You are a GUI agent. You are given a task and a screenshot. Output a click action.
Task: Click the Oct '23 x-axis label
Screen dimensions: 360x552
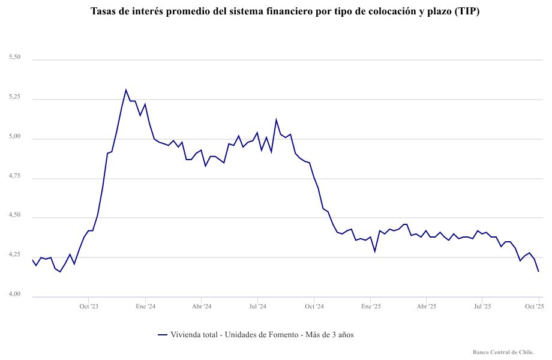pos(88,307)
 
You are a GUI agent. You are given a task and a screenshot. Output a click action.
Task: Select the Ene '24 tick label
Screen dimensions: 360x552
pos(145,307)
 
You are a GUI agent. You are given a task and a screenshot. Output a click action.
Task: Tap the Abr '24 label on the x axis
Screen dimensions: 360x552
pos(201,307)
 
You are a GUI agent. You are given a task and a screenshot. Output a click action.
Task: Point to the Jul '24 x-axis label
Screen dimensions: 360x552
pos(257,307)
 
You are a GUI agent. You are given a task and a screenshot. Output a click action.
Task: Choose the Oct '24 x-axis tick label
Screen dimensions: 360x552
pos(314,307)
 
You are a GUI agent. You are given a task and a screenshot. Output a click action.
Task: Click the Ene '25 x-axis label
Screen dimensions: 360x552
pos(371,307)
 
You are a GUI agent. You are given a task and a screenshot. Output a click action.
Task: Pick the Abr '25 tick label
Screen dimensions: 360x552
pos(426,307)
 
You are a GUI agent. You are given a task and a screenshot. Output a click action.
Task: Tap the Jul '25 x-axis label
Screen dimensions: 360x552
pos(482,307)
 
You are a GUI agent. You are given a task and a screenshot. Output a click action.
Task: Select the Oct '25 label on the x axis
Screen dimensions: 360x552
pos(534,307)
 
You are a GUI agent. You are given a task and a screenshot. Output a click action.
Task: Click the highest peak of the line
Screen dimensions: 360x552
pos(126,90)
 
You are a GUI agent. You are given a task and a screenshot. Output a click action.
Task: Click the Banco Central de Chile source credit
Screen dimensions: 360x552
pos(503,352)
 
